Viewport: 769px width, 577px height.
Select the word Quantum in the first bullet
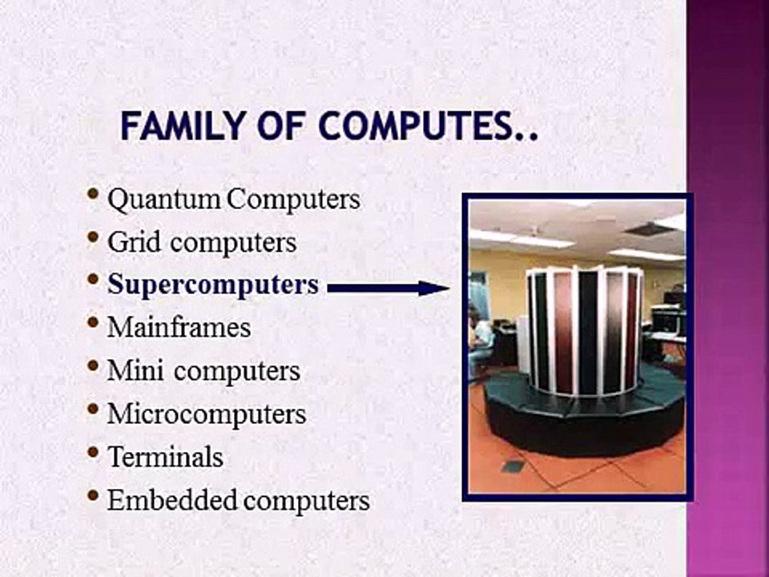click(164, 200)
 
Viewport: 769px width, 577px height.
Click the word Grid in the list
click(129, 242)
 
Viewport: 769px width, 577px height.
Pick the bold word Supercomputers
click(213, 284)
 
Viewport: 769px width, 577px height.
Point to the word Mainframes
click(179, 327)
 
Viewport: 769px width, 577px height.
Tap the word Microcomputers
click(207, 414)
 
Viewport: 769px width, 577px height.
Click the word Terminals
click(165, 457)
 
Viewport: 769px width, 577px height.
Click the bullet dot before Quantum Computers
click(95, 195)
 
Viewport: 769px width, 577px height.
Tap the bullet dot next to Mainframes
click(95, 324)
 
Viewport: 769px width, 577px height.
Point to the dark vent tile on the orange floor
click(513, 466)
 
